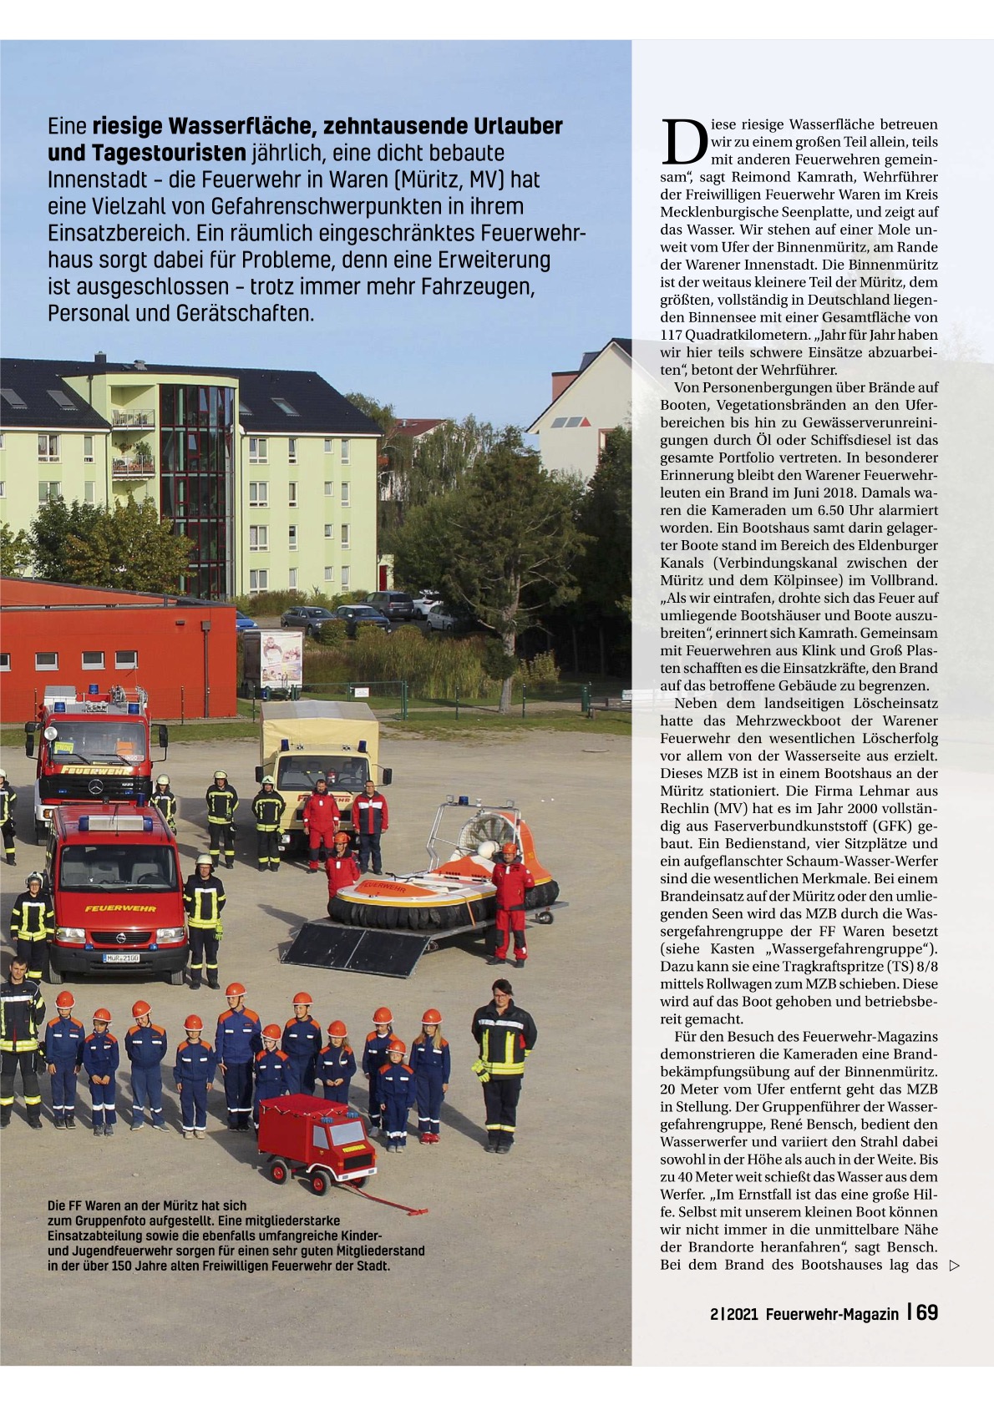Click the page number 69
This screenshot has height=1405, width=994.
pyautogui.click(x=926, y=1312)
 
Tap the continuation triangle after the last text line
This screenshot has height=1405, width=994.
pyautogui.click(x=955, y=1265)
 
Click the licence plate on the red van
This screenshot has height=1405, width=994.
pyautogui.click(x=121, y=958)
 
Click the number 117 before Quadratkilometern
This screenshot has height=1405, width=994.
pyautogui.click(x=672, y=335)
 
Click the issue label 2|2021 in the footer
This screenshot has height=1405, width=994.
pyautogui.click(x=733, y=1314)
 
